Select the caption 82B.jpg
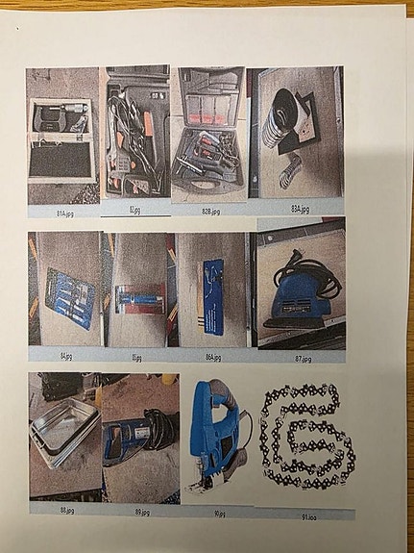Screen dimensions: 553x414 coord(207,209)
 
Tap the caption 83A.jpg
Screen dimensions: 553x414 coord(300,208)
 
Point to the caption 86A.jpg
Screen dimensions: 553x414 coord(211,357)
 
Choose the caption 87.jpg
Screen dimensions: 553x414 coord(299,357)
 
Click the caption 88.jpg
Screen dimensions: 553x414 coord(66,510)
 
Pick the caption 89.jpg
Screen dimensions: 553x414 coord(141,512)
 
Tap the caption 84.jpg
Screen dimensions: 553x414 coord(66,355)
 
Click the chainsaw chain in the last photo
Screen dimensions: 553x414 coord(305,437)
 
